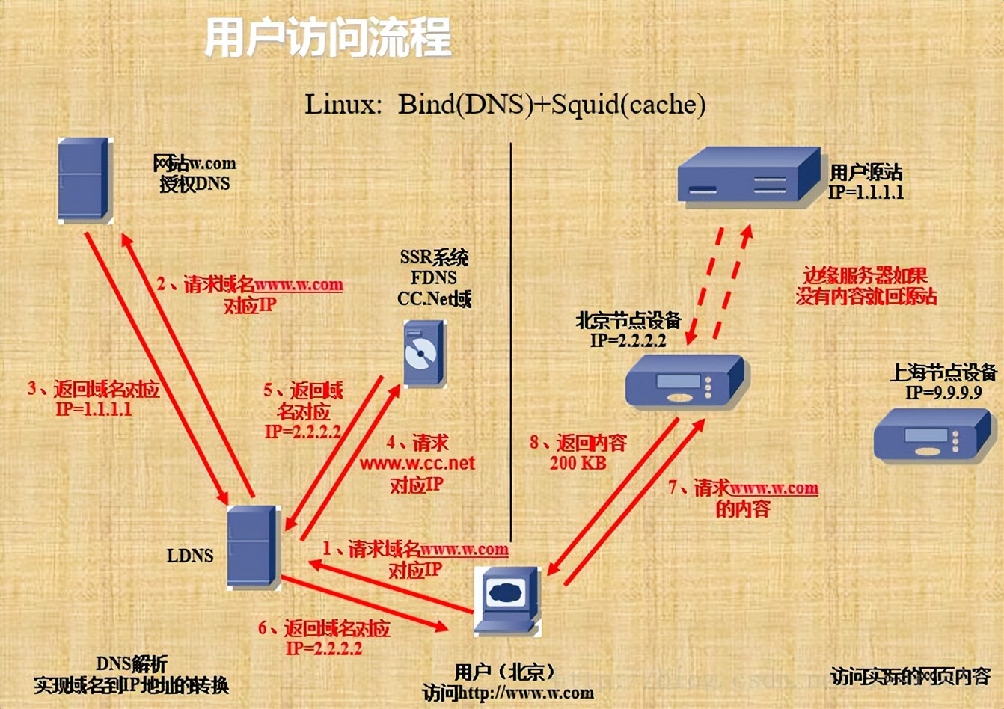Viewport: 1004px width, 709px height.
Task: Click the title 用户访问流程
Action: pos(328,38)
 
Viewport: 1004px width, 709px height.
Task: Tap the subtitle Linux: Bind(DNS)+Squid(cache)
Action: pos(505,104)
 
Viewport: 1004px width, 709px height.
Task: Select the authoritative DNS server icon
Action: pos(85,180)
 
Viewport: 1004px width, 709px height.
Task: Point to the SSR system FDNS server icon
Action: pos(423,354)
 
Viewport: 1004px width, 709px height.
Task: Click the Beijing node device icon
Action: pos(684,381)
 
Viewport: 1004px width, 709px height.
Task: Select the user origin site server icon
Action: pos(748,176)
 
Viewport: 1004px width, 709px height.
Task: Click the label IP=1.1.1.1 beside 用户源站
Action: pos(866,193)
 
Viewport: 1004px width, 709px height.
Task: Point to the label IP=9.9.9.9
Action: pos(943,393)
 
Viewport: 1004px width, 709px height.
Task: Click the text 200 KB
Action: pos(578,464)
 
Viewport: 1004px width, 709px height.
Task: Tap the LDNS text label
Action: pos(190,556)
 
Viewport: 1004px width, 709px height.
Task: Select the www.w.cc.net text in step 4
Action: pos(417,464)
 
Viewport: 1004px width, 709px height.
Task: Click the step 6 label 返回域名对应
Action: pos(336,628)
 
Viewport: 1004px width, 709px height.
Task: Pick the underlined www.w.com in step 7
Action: pos(774,488)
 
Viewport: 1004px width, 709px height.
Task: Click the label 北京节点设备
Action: pos(628,321)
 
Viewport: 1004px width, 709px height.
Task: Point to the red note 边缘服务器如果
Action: pos(866,275)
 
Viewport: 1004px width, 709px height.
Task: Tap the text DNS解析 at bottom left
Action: pos(132,664)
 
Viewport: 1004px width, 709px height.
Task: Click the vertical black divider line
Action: pos(511,337)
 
